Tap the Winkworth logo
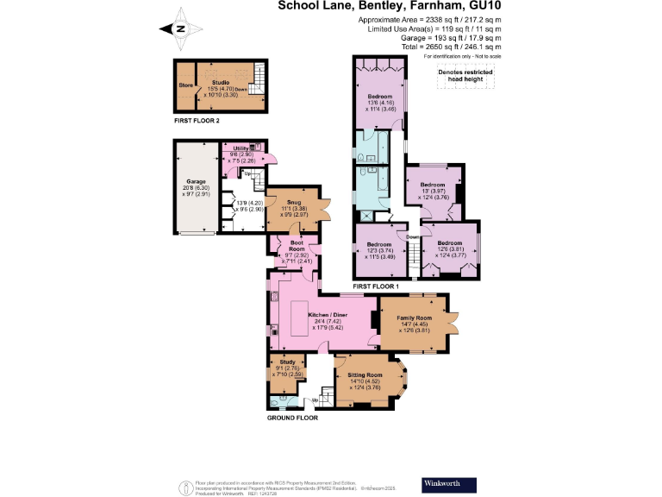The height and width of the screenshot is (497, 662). coord(446,483)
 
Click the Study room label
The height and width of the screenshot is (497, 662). coord(288,362)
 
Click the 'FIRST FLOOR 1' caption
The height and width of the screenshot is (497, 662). coord(377,286)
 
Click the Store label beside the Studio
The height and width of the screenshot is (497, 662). coord(185,85)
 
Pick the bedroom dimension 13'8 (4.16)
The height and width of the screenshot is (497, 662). coord(380,103)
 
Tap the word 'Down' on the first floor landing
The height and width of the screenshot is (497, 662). coord(414,236)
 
